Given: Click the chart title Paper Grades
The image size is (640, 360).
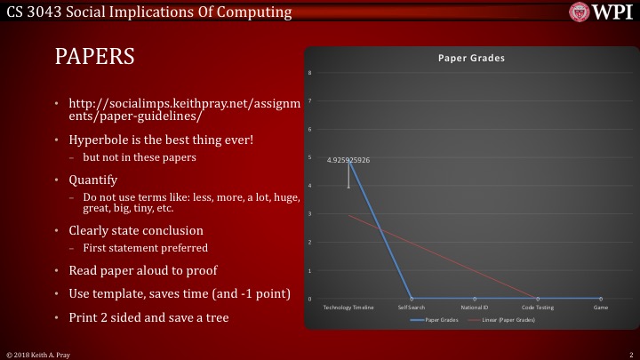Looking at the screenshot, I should point(471,58).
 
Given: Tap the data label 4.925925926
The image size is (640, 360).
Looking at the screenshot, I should point(348,160).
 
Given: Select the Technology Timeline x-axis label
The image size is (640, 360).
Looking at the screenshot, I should point(348,307).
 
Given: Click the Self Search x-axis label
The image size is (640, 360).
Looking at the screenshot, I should point(411,307).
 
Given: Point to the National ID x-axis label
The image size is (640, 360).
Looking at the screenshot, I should point(474,307).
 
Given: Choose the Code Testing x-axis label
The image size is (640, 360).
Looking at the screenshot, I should point(537,307).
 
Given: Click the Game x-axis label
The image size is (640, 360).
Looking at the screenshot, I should point(601,307).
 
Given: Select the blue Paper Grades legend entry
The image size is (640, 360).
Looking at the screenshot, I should point(436,318).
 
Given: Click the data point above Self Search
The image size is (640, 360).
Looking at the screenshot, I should point(411,299).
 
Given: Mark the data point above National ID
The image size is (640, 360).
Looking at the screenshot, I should point(474,299).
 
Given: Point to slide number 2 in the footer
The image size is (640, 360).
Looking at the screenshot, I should point(629,354).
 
